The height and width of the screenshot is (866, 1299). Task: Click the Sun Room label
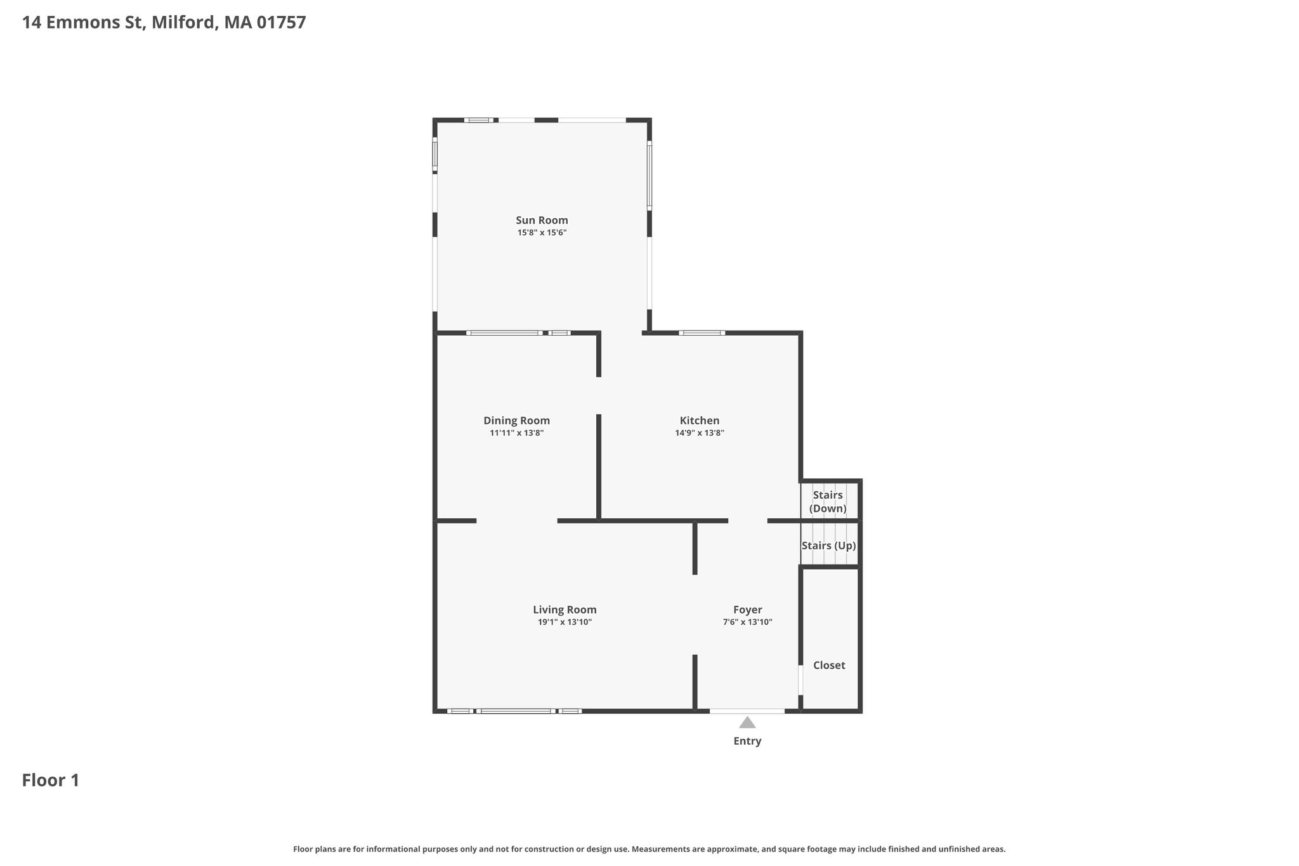pos(542,220)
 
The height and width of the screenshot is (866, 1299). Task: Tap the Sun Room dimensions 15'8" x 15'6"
pos(542,233)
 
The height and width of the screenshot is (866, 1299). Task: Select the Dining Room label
pos(516,421)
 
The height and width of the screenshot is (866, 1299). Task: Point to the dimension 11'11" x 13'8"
pos(516,433)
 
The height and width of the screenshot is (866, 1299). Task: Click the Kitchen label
pos(700,421)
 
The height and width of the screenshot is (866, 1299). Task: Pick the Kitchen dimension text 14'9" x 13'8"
pos(700,433)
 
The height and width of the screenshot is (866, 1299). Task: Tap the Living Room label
pos(565,610)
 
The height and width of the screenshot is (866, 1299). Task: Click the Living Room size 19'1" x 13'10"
pos(565,622)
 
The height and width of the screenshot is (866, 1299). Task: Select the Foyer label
pos(747,610)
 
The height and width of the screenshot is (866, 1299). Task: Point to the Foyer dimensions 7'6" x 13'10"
pos(747,622)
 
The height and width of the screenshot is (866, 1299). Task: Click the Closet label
pos(829,665)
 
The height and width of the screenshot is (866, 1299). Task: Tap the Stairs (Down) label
pos(828,501)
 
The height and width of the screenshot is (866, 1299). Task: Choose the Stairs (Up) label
pos(828,546)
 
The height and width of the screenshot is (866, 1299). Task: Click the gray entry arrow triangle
pos(747,723)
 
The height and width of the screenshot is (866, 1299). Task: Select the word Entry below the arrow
pos(747,741)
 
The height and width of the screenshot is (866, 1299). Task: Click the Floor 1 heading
pos(51,780)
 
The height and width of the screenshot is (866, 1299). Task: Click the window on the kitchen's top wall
pos(702,332)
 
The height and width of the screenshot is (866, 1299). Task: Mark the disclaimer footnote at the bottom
pos(649,849)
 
